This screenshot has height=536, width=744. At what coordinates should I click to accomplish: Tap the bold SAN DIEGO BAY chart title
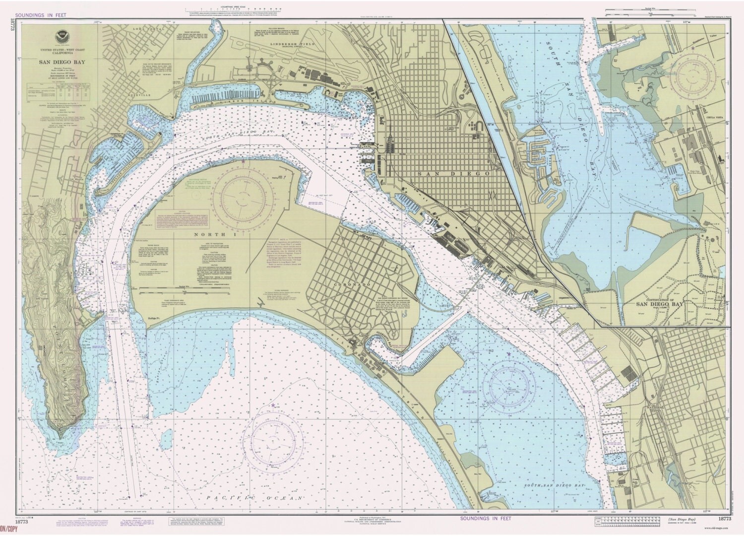point(59,63)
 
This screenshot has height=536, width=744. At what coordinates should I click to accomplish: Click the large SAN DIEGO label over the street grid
point(453,174)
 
